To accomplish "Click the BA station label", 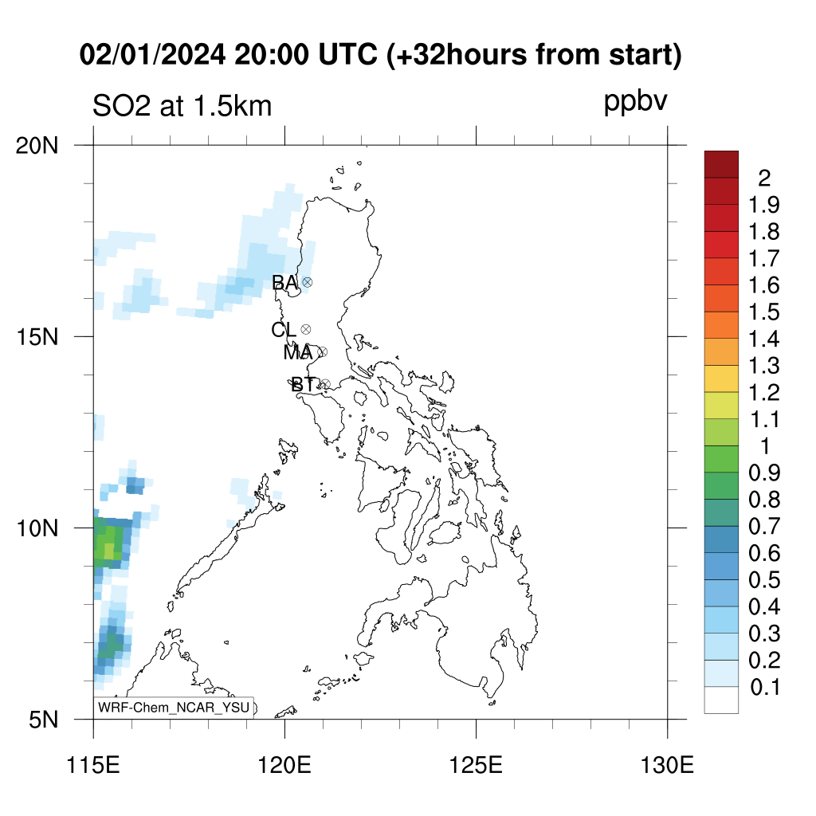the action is coord(284,283).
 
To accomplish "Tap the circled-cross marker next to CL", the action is coord(306,329).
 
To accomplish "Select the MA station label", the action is coord(298,353).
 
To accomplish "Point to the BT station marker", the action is coord(325,385).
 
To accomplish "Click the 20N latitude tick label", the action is coord(37,146).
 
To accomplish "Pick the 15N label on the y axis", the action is coord(37,337).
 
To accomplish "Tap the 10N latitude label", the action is coord(37,528).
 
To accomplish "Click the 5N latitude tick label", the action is coord(44,720).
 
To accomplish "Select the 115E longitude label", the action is coord(94,765).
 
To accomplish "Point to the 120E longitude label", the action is coord(284,765).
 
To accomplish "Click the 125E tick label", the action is coord(477,765).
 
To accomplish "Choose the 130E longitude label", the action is coord(667,765).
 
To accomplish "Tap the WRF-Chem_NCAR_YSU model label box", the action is coord(174,708).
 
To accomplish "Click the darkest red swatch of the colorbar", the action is coord(721,164).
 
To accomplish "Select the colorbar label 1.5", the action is coord(764,312).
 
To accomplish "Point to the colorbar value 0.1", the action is coord(765,687).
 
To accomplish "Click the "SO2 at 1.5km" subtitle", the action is coord(182,106).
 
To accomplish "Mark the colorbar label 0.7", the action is coord(764,526).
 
